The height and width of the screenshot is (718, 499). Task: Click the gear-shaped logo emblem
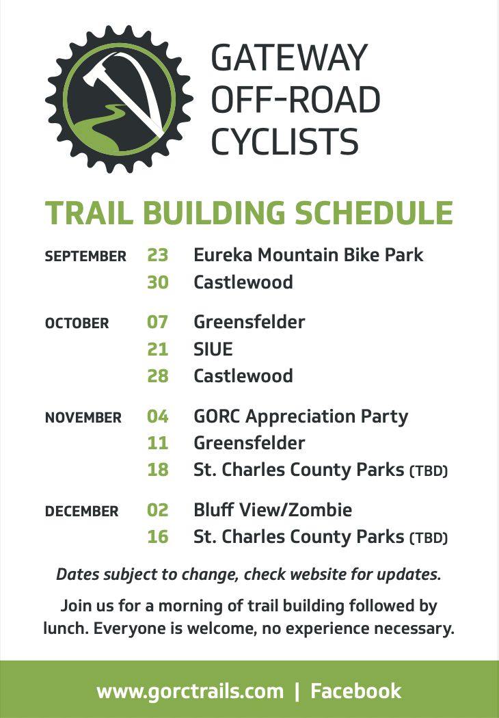pyautogui.click(x=119, y=99)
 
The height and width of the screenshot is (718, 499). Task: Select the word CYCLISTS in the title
pyautogui.click(x=284, y=142)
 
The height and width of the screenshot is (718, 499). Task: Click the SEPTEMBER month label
pyautogui.click(x=85, y=256)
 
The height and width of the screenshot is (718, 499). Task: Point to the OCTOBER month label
pyautogui.click(x=77, y=323)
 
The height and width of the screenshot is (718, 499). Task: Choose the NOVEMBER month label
pyautogui.click(x=83, y=418)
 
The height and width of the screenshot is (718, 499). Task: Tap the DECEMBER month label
pyautogui.click(x=81, y=511)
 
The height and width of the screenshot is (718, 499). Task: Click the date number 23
pyautogui.click(x=158, y=255)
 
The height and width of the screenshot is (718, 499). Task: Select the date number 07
pyautogui.click(x=158, y=322)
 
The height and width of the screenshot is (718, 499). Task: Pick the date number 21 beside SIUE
pyautogui.click(x=158, y=349)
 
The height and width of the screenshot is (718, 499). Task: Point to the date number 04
pyautogui.click(x=158, y=416)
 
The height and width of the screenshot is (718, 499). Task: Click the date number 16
pyautogui.click(x=158, y=537)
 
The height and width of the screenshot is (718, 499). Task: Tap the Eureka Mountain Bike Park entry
pyautogui.click(x=308, y=255)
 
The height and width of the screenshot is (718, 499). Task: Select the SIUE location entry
pyautogui.click(x=213, y=349)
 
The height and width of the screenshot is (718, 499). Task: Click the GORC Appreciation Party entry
pyautogui.click(x=301, y=417)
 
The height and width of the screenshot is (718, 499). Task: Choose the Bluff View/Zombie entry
pyautogui.click(x=273, y=510)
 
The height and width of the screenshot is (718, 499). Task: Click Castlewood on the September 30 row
pyautogui.click(x=243, y=282)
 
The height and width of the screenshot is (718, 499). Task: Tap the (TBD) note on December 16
pyautogui.click(x=429, y=538)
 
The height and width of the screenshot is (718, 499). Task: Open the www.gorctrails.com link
pyautogui.click(x=190, y=691)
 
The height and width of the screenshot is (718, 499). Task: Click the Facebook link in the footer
pyautogui.click(x=356, y=691)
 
